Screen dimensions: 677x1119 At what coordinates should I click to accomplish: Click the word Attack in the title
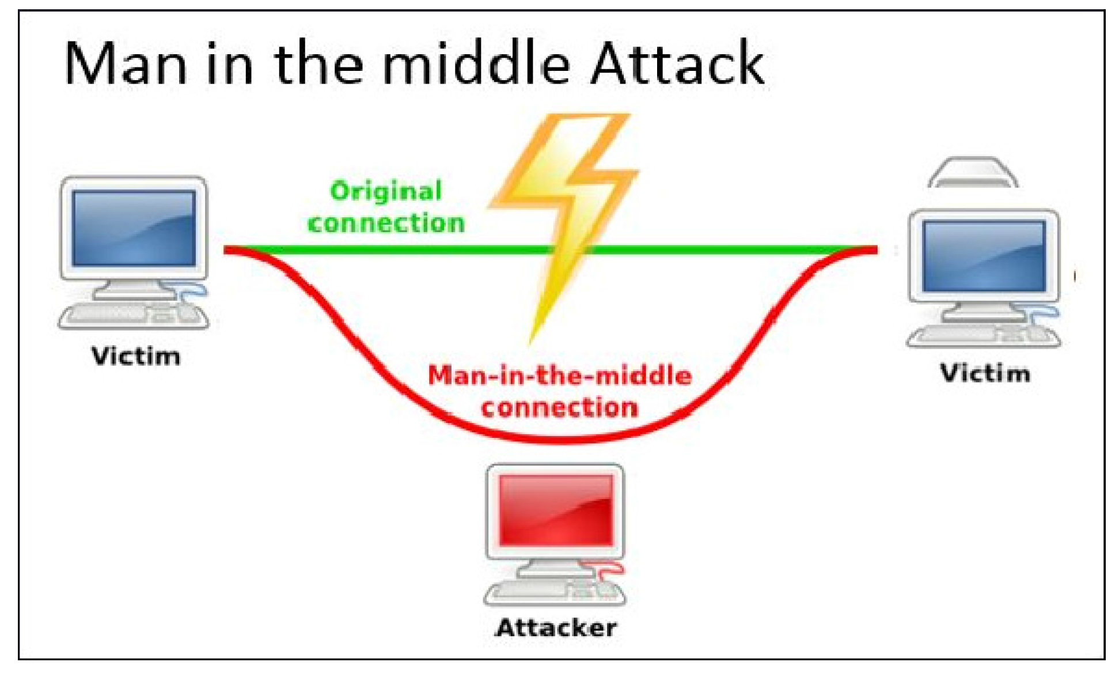click(677, 63)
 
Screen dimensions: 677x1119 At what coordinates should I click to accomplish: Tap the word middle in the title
click(476, 63)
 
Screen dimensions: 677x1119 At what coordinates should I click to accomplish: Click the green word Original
click(386, 191)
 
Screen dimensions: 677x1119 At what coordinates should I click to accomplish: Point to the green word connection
click(386, 223)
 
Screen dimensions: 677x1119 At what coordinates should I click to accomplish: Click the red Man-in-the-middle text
click(560, 376)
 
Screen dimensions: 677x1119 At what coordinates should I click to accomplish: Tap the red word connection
click(560, 407)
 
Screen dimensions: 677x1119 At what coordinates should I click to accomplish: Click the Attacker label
click(556, 627)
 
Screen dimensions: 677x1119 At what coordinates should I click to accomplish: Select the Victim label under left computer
click(136, 356)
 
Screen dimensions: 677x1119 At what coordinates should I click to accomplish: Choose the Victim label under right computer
click(985, 373)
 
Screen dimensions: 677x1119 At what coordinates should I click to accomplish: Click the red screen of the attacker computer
click(556, 510)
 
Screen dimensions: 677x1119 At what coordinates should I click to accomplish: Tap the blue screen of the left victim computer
click(134, 228)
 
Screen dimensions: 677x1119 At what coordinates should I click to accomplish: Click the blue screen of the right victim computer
click(984, 256)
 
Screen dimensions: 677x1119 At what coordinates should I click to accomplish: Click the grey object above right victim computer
click(973, 173)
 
